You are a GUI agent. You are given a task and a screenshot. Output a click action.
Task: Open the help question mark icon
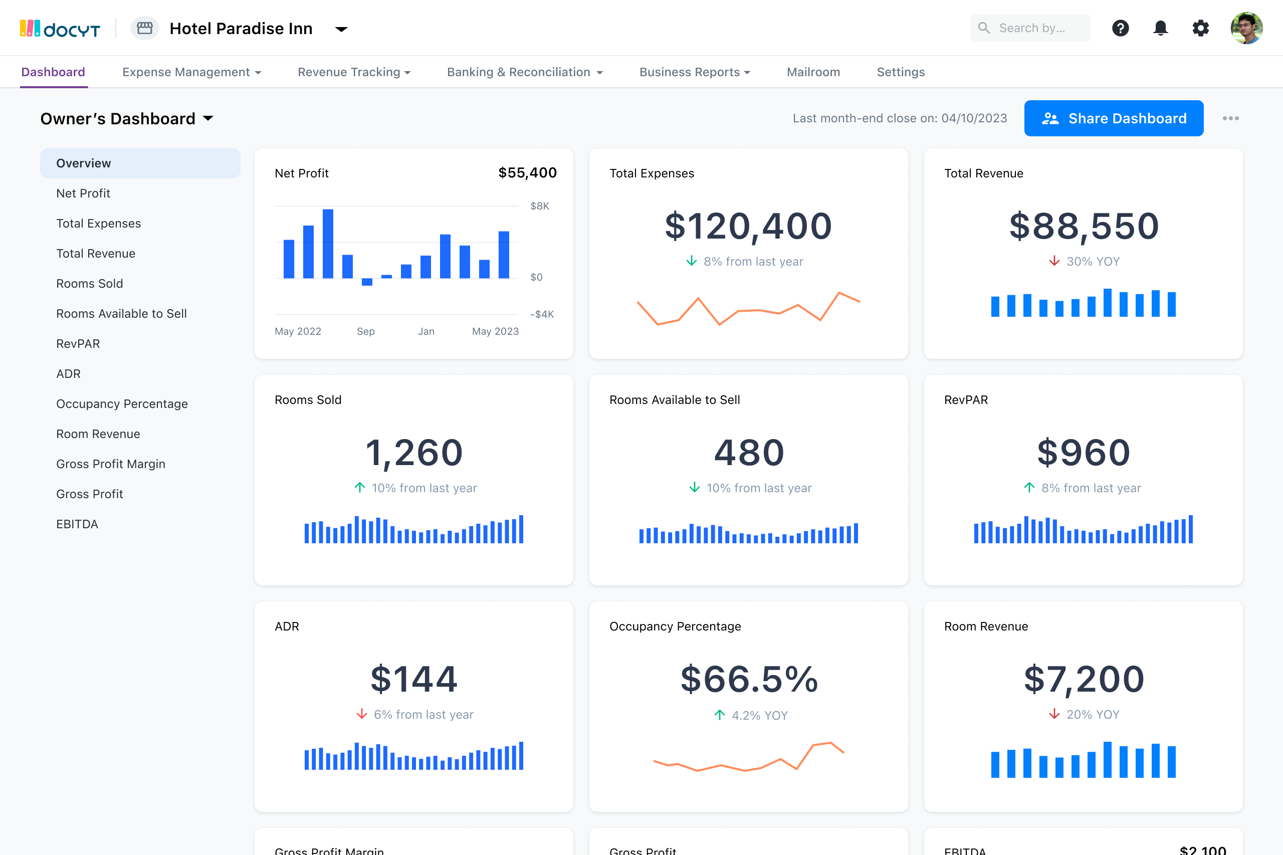[1120, 28]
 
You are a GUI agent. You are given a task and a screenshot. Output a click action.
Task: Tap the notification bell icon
[1160, 28]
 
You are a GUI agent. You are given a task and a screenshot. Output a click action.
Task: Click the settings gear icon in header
[1200, 28]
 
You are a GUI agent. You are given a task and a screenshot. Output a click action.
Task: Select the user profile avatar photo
[1246, 28]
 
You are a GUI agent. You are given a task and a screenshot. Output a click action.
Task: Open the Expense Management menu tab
[191, 72]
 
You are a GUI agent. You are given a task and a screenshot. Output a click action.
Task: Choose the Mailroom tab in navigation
[813, 72]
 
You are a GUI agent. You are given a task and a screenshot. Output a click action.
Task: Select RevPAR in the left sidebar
[78, 343]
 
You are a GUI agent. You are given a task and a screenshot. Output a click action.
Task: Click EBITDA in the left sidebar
[77, 524]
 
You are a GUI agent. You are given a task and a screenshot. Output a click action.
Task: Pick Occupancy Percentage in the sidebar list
[122, 403]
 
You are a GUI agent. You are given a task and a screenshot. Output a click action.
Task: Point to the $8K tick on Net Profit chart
[539, 206]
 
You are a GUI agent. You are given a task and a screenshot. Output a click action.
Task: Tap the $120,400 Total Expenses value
[748, 226]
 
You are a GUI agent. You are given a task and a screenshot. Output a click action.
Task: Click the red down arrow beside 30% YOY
[1054, 261]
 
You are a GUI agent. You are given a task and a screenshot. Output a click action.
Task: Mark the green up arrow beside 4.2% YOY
[719, 715]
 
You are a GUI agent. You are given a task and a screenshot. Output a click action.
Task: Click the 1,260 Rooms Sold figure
[414, 453]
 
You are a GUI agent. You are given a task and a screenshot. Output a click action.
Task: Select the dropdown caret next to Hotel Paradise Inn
[341, 29]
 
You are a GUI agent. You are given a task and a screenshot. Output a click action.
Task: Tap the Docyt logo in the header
[60, 29]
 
